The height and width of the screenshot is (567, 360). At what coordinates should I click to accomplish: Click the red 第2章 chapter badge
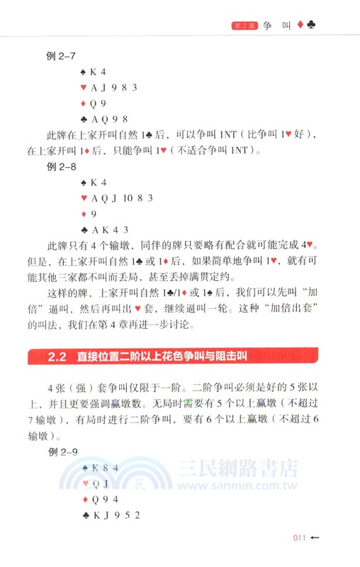pyautogui.click(x=244, y=26)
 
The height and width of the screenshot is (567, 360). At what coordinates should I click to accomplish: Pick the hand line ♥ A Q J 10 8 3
pyautogui.click(x=116, y=198)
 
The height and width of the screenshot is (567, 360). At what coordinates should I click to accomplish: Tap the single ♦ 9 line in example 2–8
pyautogui.click(x=89, y=214)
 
